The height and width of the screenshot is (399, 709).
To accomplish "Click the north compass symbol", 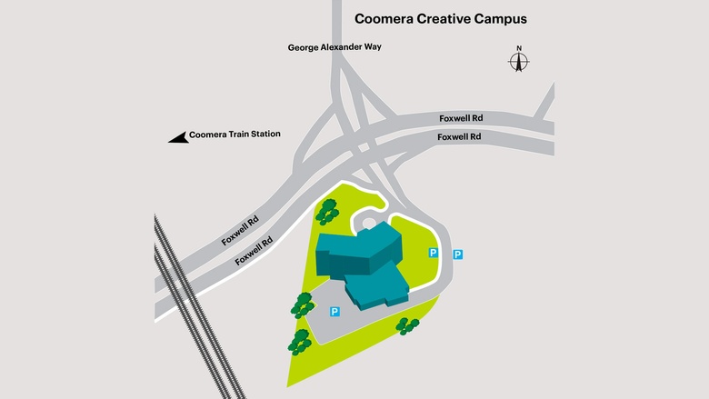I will tap(519, 62).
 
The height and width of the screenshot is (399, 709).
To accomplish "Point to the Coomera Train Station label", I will tap(235, 135).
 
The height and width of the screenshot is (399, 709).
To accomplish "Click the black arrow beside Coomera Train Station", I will tap(177, 136).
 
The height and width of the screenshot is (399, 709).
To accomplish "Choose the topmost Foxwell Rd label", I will tap(461, 117).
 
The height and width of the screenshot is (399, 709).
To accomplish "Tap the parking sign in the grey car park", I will tap(335, 312).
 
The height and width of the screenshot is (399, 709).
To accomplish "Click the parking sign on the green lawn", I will tap(433, 254).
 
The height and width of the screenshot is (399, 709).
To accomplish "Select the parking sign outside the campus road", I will tap(457, 254).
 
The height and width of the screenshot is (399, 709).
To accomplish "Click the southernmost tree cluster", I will tap(299, 342).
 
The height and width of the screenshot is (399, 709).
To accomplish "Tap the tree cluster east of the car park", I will tap(407, 325).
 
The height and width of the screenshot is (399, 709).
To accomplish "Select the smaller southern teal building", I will tap(382, 287).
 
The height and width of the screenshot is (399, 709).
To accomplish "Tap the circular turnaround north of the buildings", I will tap(371, 223).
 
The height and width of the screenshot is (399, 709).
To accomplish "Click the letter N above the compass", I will tap(519, 48).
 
